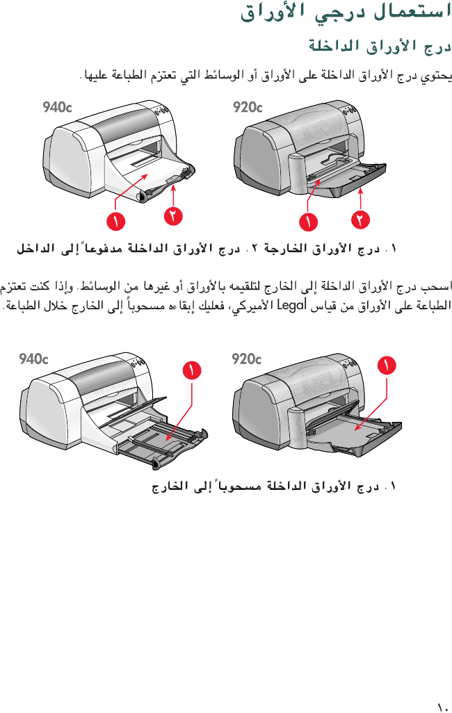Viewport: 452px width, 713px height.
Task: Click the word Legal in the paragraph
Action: tap(292, 304)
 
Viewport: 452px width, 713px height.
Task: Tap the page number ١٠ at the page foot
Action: tap(442, 706)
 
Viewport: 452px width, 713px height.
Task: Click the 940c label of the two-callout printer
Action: tap(57, 108)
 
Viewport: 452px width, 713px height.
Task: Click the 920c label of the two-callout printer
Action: tap(248, 108)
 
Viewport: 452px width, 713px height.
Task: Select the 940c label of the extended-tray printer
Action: tap(34, 359)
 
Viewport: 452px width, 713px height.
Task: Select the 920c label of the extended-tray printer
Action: tap(246, 359)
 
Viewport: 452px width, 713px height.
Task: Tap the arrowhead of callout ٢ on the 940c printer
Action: tap(173, 187)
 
